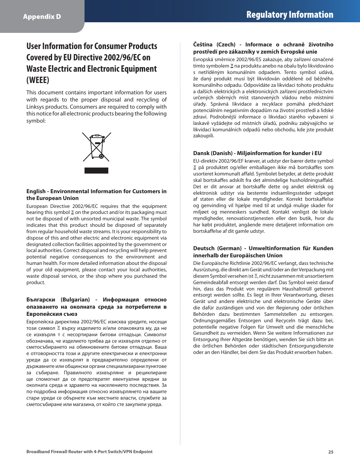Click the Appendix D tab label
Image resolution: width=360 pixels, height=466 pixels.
[x=42, y=17]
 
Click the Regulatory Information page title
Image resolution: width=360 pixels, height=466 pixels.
[x=289, y=15]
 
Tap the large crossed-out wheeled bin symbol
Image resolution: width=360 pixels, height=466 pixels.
[x=97, y=146]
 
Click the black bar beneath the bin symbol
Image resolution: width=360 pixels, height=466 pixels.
[x=96, y=171]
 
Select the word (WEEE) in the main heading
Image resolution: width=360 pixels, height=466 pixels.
[x=38, y=80]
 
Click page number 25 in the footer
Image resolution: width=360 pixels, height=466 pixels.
[x=331, y=452]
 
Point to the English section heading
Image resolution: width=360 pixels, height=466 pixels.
[x=96, y=195]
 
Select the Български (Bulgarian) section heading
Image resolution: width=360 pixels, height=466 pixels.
[x=96, y=306]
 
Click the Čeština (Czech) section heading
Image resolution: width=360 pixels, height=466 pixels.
[x=263, y=48]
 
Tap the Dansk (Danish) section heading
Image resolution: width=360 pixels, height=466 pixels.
[x=257, y=153]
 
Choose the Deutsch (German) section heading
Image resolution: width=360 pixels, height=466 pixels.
[x=263, y=252]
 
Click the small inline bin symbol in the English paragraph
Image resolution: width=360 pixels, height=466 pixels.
[x=72, y=212]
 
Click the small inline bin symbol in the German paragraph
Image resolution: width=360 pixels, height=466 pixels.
[x=256, y=276]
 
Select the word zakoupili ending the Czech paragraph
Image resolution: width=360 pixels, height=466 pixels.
[x=203, y=136]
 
